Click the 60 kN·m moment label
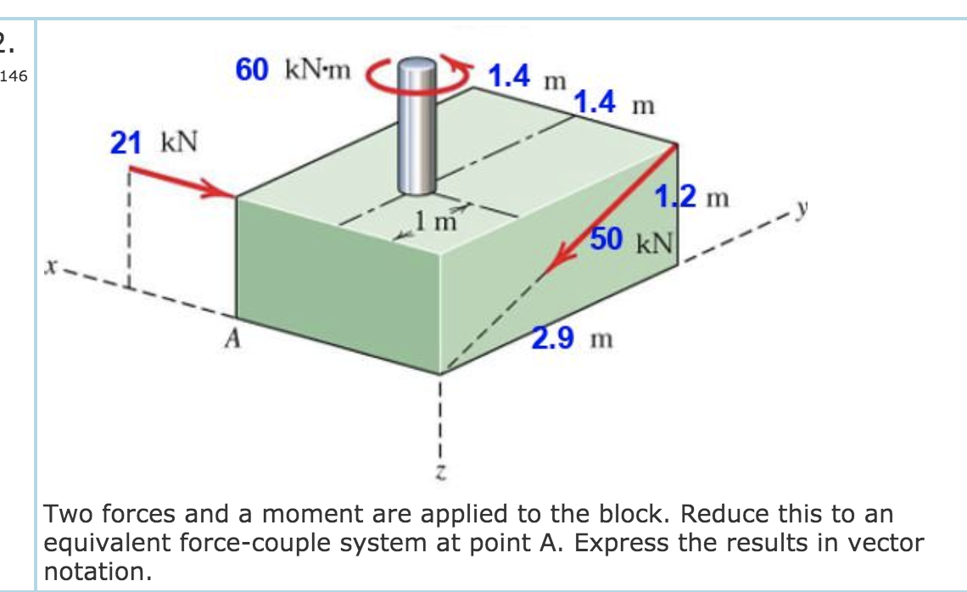click(x=293, y=71)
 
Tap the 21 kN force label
click(x=154, y=143)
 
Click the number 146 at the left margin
click(x=14, y=77)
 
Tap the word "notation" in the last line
click(x=92, y=571)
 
